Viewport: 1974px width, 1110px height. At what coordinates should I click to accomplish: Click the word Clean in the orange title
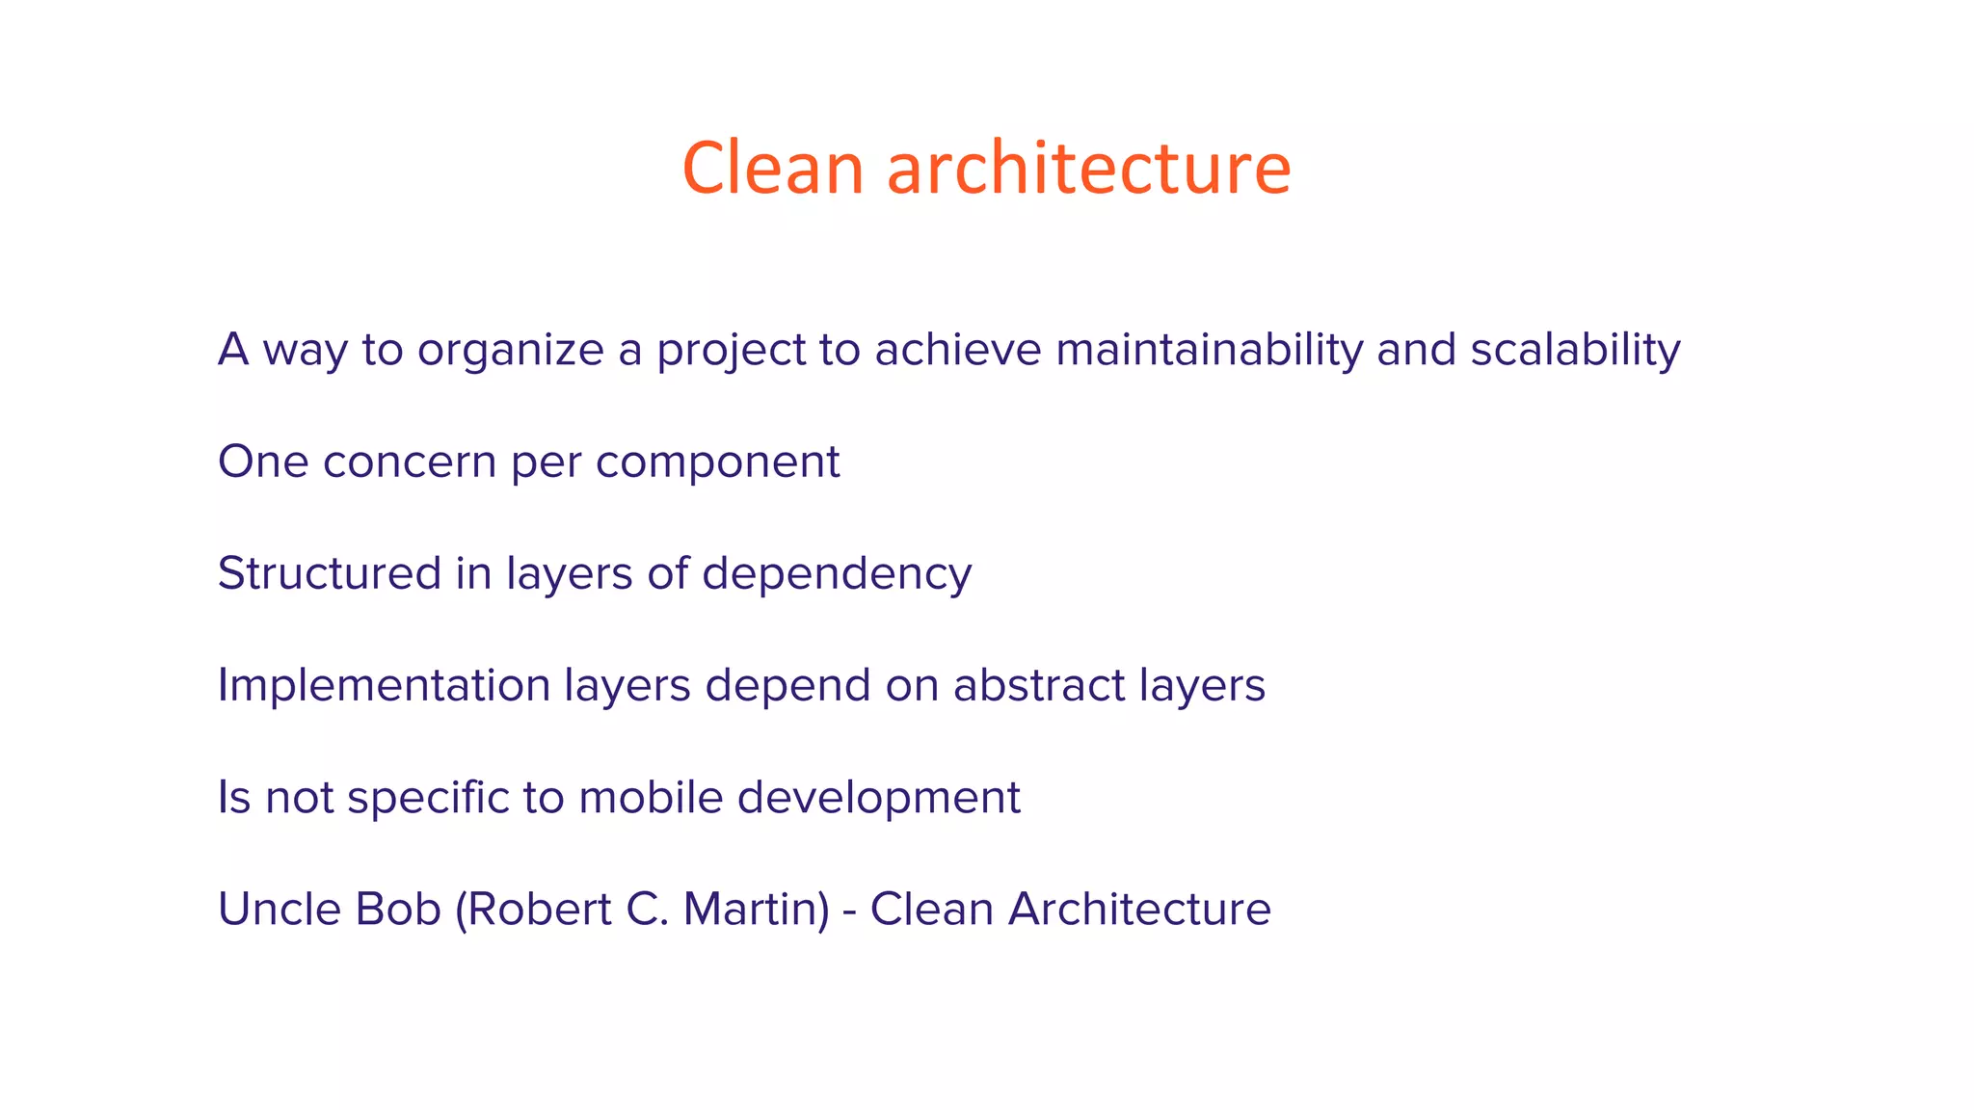(x=773, y=169)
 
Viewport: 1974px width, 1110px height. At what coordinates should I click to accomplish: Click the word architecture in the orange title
(x=1088, y=169)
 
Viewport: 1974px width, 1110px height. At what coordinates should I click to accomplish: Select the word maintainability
(x=1209, y=349)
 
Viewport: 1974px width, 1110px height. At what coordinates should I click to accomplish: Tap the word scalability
(x=1575, y=349)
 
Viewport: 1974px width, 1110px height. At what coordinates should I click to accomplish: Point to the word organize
(x=510, y=351)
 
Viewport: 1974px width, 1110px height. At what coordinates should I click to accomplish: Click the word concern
(x=409, y=462)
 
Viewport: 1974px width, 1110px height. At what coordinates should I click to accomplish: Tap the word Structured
(x=329, y=573)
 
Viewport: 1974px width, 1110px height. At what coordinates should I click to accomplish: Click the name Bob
(x=398, y=909)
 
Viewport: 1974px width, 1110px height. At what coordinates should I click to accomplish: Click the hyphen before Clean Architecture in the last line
(x=850, y=912)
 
